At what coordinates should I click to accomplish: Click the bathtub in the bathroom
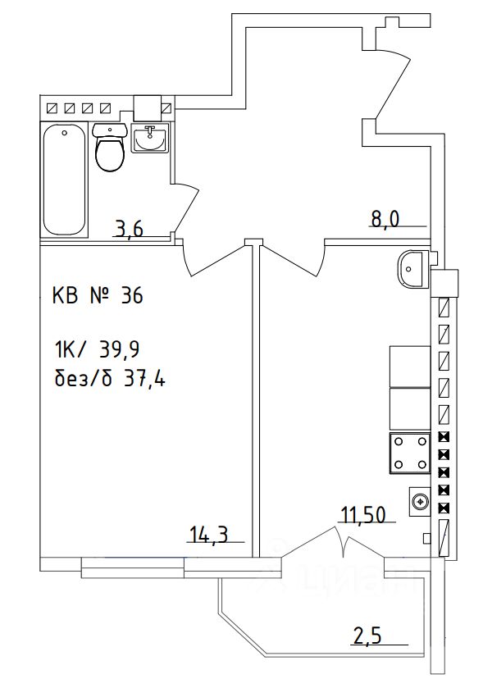point(64,180)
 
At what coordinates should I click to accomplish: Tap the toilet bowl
point(110,148)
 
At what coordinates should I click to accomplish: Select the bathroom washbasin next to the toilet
point(150,138)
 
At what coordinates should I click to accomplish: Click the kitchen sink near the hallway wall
point(412,269)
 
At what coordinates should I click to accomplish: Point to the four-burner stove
point(410,453)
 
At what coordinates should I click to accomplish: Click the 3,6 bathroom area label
point(129,229)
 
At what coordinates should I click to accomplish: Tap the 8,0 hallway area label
point(385,219)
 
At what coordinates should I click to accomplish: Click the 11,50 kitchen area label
point(363,515)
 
